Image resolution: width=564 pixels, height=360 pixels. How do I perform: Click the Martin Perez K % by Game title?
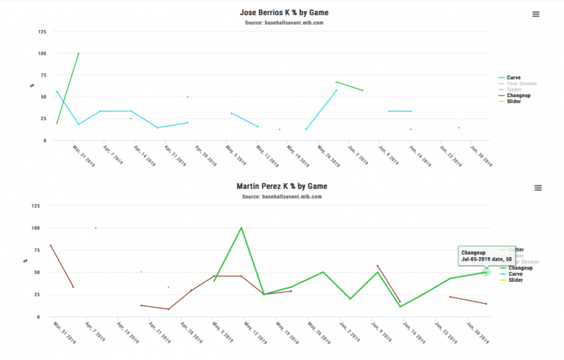tap(282, 186)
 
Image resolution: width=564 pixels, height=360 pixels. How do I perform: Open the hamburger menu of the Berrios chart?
tap(536, 14)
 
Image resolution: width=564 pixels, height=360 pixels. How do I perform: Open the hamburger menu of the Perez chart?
tap(538, 188)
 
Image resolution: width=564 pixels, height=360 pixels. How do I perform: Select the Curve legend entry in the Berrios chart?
tap(513, 78)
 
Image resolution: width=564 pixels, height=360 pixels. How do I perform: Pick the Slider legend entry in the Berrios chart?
tap(513, 102)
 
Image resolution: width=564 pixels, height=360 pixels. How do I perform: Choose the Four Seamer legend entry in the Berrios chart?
tap(521, 84)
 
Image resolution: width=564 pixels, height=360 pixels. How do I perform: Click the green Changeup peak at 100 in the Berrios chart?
tap(78, 53)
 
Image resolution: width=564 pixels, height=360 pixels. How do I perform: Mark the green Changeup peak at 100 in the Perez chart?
tap(241, 228)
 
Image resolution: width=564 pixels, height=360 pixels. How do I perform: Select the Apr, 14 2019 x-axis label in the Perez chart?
tap(127, 332)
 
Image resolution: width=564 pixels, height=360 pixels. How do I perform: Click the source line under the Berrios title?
tap(283, 23)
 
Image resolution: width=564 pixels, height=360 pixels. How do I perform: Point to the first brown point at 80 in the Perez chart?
tap(51, 245)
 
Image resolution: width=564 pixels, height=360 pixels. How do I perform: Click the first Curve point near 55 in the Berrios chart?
tap(57, 92)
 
